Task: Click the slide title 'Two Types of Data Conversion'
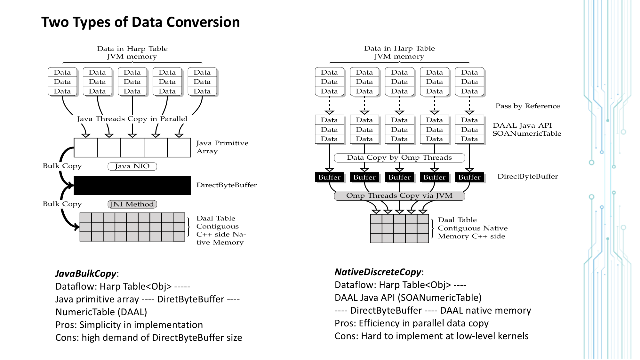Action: tap(140, 22)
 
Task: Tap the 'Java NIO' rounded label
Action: tap(132, 166)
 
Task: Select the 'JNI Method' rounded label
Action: tap(132, 204)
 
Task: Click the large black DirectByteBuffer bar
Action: tap(132, 185)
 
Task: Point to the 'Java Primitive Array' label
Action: tap(222, 147)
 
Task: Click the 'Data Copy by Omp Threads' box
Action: tap(399, 158)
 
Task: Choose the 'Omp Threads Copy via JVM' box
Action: tap(399, 196)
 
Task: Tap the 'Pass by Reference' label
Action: tap(527, 106)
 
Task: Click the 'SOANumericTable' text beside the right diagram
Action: tap(527, 133)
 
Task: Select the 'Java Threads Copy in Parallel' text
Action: tap(132, 119)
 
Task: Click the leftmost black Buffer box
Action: tap(329, 177)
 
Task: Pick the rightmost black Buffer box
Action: tap(469, 177)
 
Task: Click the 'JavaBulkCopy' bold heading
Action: tap(86, 274)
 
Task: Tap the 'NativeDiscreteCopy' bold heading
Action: tap(378, 272)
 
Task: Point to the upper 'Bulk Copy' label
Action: tap(62, 166)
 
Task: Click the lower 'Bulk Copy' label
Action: tap(62, 204)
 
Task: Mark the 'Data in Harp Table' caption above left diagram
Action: tap(132, 49)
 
